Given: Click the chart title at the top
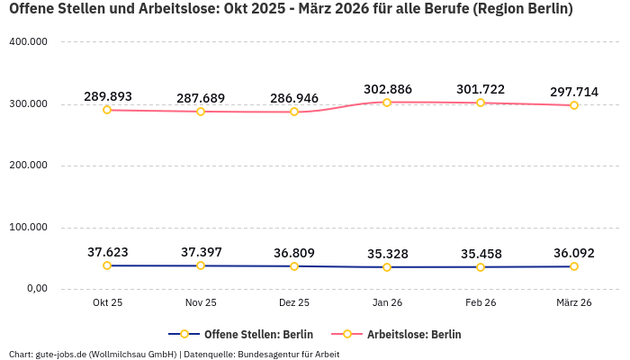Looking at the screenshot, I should [290, 11].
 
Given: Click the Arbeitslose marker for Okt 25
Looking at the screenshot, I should [107, 110].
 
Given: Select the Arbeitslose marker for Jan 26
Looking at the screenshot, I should [387, 103].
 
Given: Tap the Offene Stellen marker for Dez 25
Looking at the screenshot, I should [294, 266].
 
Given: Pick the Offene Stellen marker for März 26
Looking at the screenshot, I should [574, 266].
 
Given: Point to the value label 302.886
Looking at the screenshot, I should [387, 89].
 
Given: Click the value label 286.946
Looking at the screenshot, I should [294, 97].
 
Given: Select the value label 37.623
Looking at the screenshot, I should [107, 252].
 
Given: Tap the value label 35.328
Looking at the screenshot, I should [387, 254].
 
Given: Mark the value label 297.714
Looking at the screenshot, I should [574, 92].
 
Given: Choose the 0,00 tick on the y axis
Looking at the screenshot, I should [36, 288].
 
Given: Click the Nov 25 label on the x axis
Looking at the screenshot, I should [201, 303].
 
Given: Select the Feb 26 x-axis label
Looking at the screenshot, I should [481, 303].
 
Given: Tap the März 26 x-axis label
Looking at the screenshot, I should [574, 303].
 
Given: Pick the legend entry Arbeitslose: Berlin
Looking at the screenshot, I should [413, 334].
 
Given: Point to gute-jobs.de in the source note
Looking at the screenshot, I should [60, 354].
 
